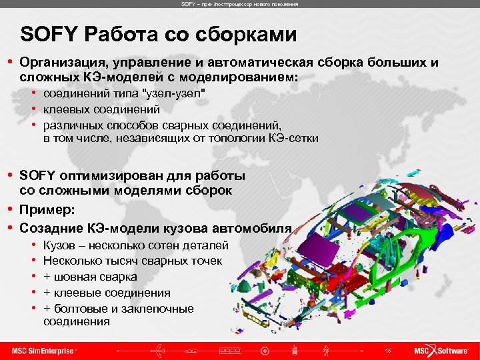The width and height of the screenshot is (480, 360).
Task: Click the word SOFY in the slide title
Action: click(x=43, y=35)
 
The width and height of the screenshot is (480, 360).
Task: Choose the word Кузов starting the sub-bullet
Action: click(x=58, y=245)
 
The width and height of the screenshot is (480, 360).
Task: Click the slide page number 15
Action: click(x=388, y=351)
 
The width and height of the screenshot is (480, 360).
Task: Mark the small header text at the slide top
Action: click(x=239, y=4)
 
